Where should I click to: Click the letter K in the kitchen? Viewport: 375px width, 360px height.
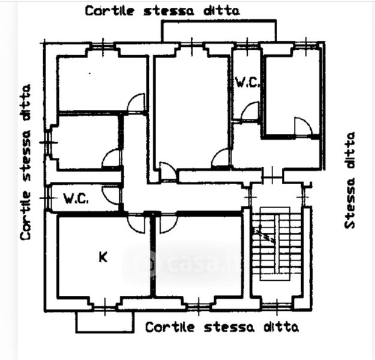pyautogui.click(x=103, y=257)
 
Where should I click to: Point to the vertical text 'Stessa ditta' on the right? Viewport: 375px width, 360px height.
pyautogui.click(x=350, y=180)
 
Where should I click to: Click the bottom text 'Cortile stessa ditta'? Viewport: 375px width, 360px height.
pyautogui.click(x=221, y=327)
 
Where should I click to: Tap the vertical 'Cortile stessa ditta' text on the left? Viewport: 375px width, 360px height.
pyautogui.click(x=26, y=162)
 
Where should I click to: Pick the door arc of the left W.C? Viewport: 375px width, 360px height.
pyautogui.click(x=111, y=194)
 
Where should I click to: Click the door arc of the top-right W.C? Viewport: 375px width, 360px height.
pyautogui.click(x=250, y=111)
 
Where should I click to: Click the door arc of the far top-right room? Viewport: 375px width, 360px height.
pyautogui.click(x=303, y=127)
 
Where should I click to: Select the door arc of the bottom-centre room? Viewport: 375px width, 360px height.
pyautogui.click(x=168, y=223)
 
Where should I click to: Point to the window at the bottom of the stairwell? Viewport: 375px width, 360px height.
pyautogui.click(x=275, y=305)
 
